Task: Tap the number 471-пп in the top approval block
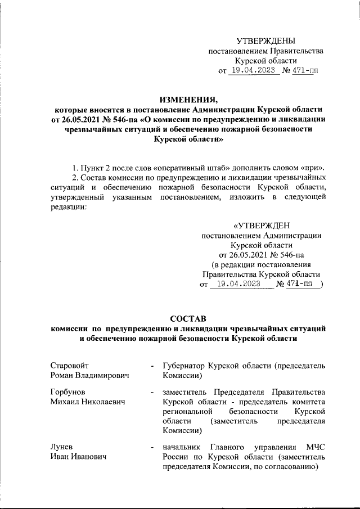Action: [301, 71]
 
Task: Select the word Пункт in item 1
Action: [92, 168]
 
